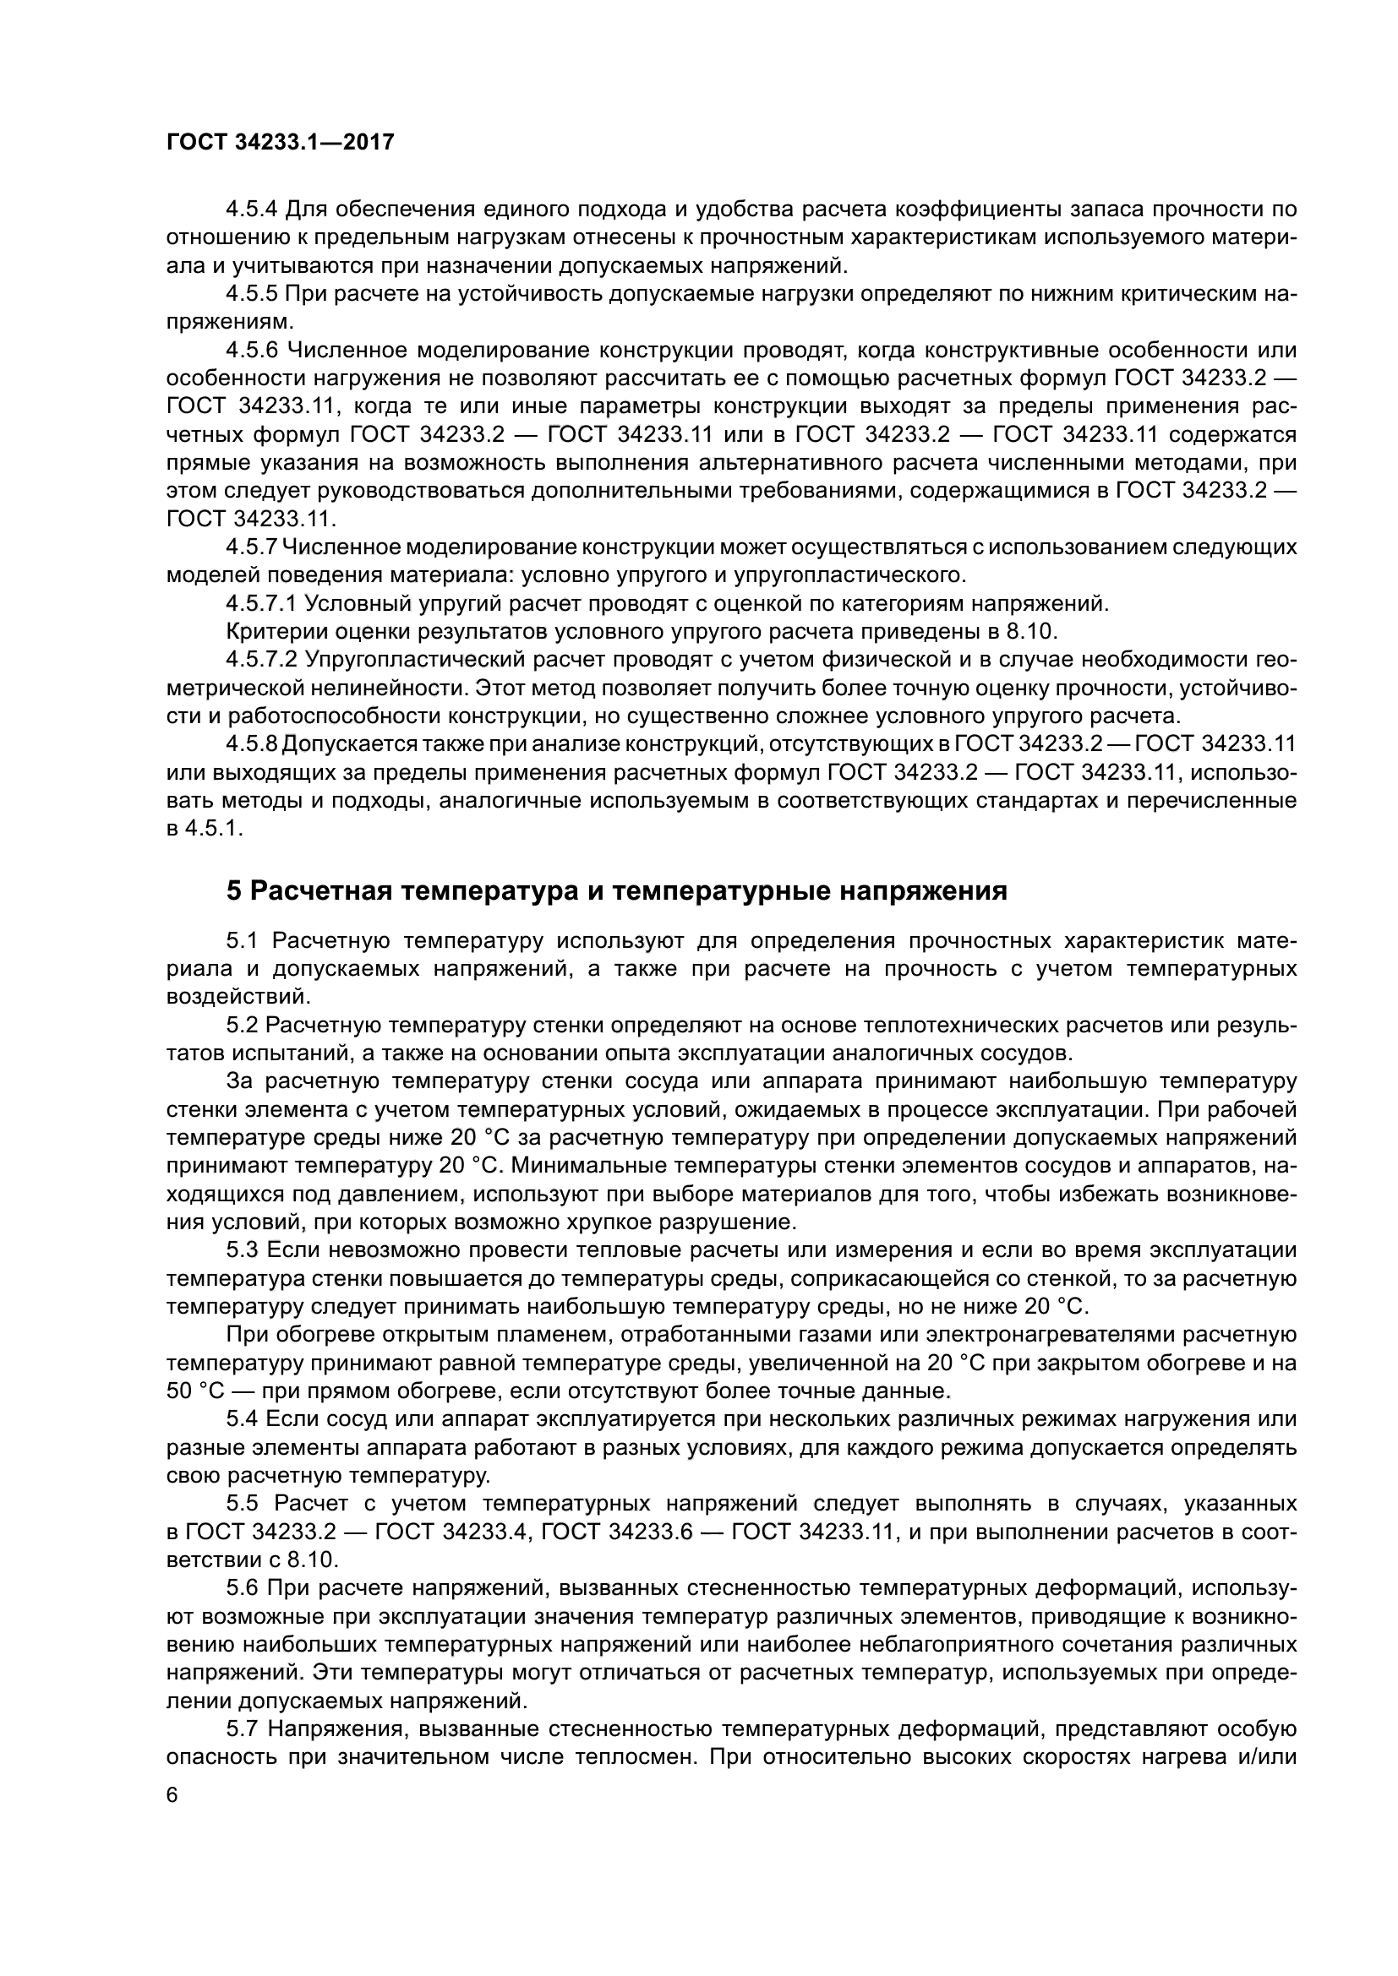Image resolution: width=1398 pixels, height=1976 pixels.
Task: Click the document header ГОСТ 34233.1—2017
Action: [x=280, y=143]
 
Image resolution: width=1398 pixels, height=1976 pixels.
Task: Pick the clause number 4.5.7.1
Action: [x=261, y=603]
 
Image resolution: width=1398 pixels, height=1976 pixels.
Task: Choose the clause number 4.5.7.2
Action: [x=261, y=660]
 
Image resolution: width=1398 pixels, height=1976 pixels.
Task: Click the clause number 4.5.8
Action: [x=251, y=743]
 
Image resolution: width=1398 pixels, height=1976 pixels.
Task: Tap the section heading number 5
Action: [x=234, y=890]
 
